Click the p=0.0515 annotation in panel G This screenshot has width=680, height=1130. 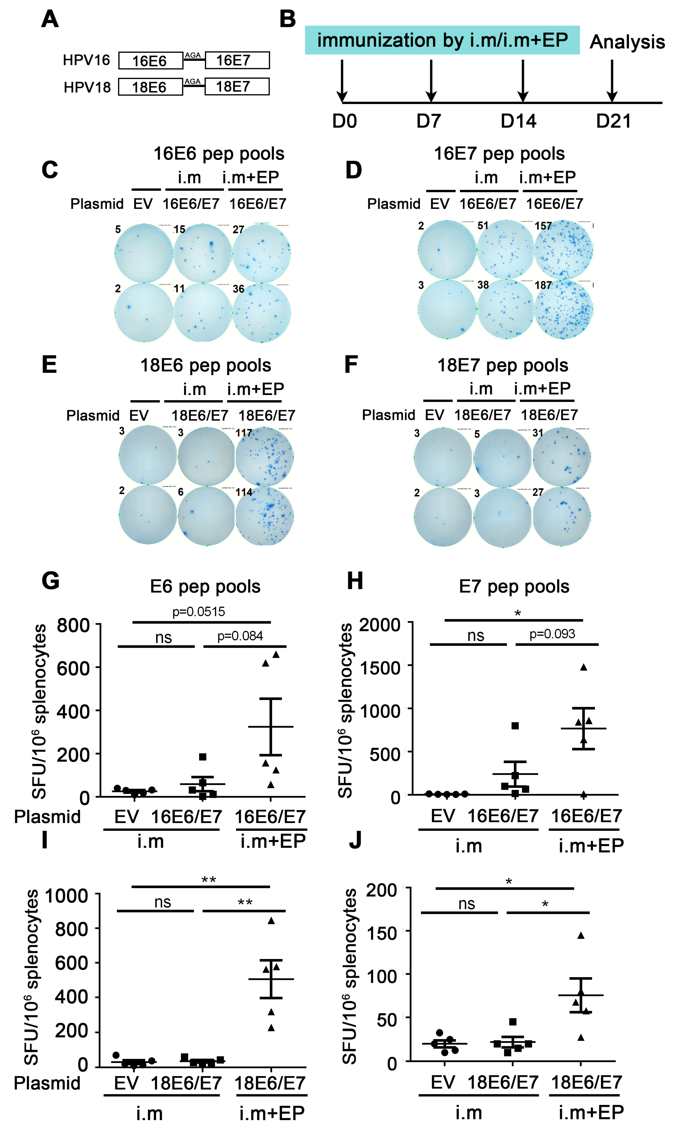(198, 611)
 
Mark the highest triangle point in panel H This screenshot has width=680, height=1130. (583, 667)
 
